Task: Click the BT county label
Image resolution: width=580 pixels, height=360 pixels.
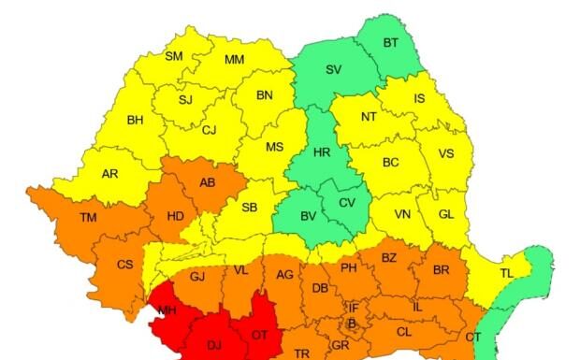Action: tap(391, 42)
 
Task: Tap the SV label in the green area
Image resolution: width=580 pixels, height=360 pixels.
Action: tap(333, 69)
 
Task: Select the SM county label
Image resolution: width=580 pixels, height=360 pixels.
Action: tap(174, 56)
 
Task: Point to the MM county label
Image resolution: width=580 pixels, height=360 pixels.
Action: tap(235, 61)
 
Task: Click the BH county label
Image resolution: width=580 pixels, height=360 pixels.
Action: tap(136, 120)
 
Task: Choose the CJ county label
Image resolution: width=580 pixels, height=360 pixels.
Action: tap(209, 130)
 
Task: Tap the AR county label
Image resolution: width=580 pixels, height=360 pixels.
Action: tap(109, 174)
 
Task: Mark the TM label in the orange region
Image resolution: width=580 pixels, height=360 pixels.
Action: tap(88, 218)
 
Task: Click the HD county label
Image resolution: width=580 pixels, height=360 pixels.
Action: tap(175, 216)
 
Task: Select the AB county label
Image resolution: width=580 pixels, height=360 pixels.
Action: tap(207, 182)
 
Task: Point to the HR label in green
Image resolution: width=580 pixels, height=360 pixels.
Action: tap(322, 151)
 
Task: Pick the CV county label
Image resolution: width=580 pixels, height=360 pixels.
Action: tap(347, 203)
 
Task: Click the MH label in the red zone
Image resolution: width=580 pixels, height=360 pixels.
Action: tap(167, 310)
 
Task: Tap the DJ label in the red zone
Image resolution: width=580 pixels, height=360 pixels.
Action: tap(214, 345)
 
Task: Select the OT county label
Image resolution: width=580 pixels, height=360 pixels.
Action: tap(261, 334)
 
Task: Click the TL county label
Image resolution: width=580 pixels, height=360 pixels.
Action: tap(506, 273)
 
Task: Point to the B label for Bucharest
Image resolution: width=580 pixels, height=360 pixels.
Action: tap(352, 324)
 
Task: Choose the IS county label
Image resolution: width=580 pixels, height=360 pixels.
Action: tap(418, 98)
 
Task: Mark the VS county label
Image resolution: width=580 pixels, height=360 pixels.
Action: tap(446, 153)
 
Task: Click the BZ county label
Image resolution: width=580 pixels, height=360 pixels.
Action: tap(389, 257)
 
